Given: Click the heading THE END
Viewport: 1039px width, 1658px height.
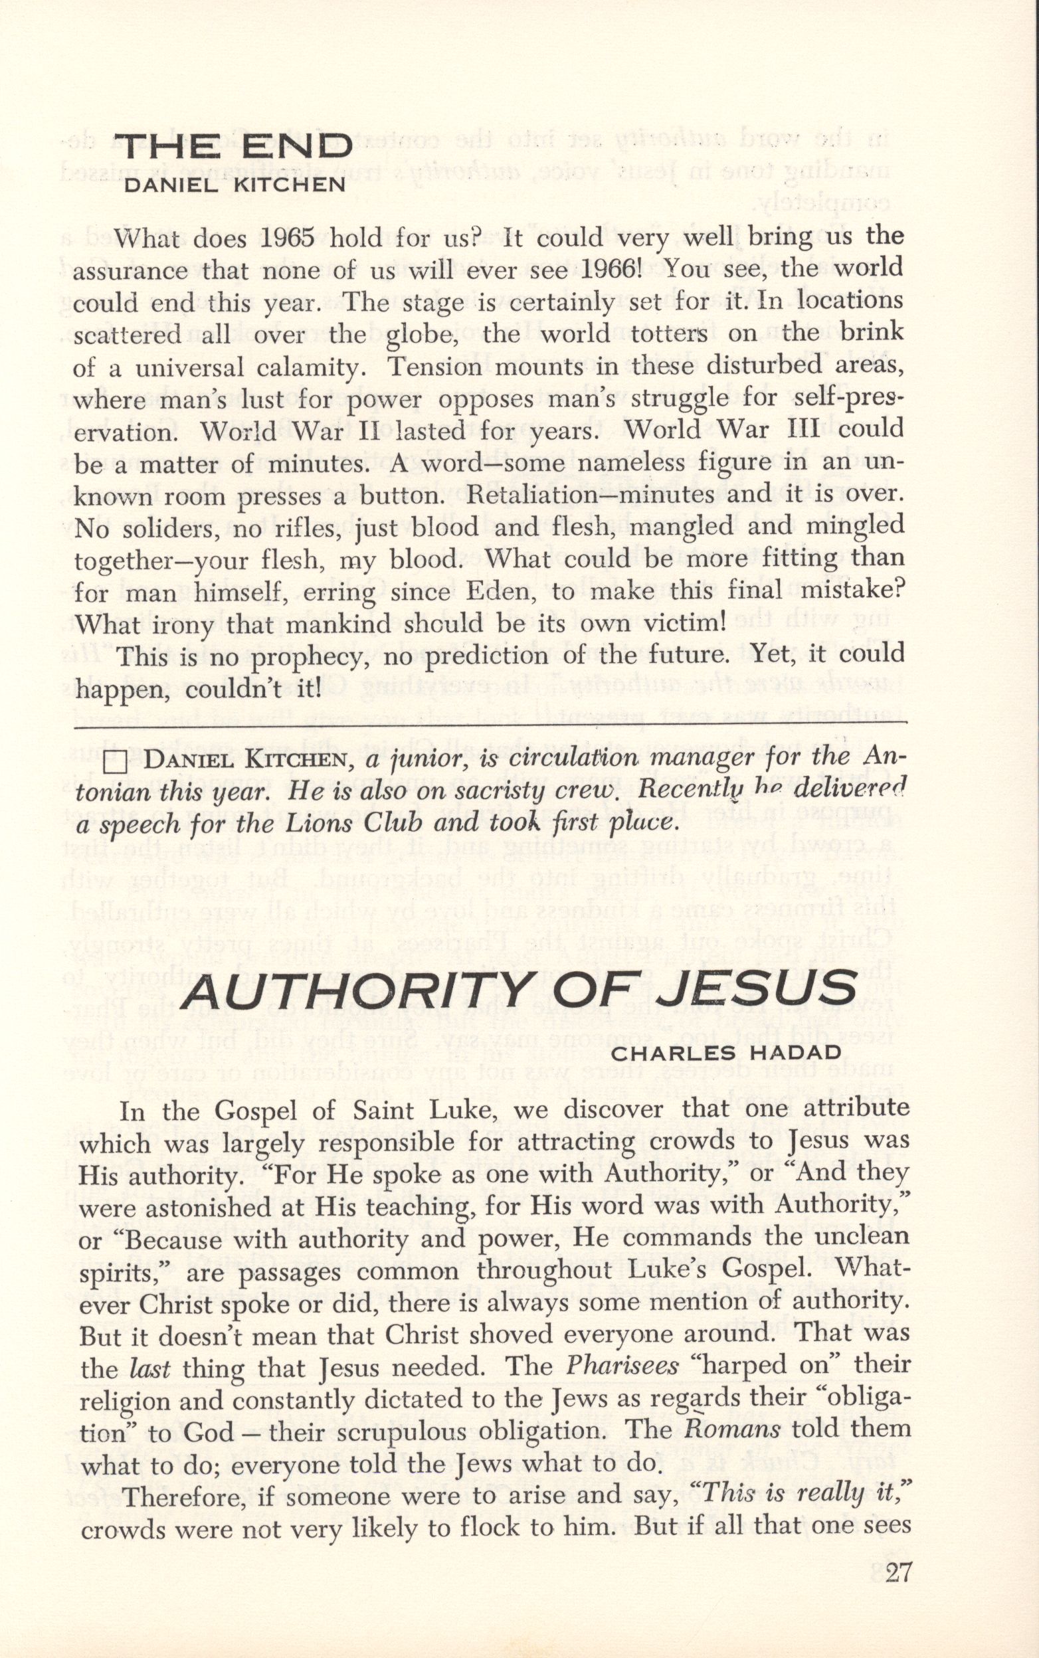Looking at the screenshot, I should [235, 147].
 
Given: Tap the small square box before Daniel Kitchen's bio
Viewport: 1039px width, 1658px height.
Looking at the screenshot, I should [118, 763].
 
